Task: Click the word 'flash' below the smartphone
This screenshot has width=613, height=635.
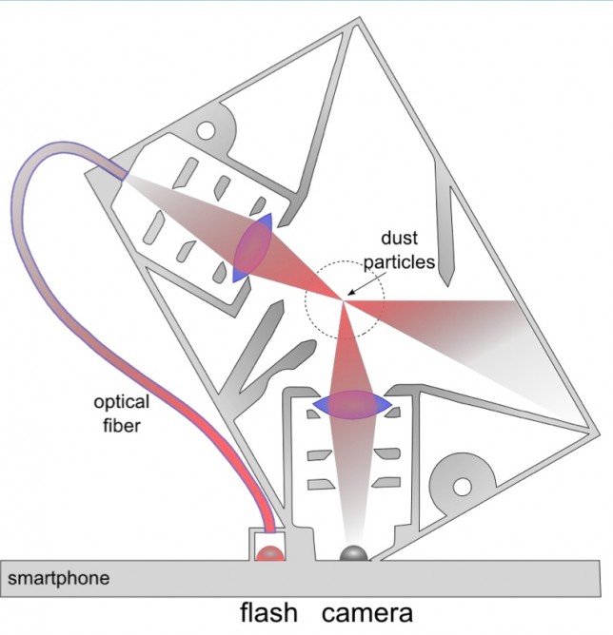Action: [267, 611]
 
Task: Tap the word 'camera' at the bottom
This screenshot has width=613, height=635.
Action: [367, 611]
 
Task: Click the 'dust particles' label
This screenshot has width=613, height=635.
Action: [405, 250]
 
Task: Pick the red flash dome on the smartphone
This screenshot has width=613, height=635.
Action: [270, 553]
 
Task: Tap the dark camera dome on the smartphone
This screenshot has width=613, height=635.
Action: [354, 553]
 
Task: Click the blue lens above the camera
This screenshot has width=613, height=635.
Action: [353, 405]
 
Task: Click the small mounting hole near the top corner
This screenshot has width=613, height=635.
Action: [207, 127]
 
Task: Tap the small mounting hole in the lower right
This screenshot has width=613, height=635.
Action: [463, 487]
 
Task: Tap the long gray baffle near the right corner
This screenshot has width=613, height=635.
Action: [445, 214]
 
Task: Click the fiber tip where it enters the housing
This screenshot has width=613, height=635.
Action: [120, 175]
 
